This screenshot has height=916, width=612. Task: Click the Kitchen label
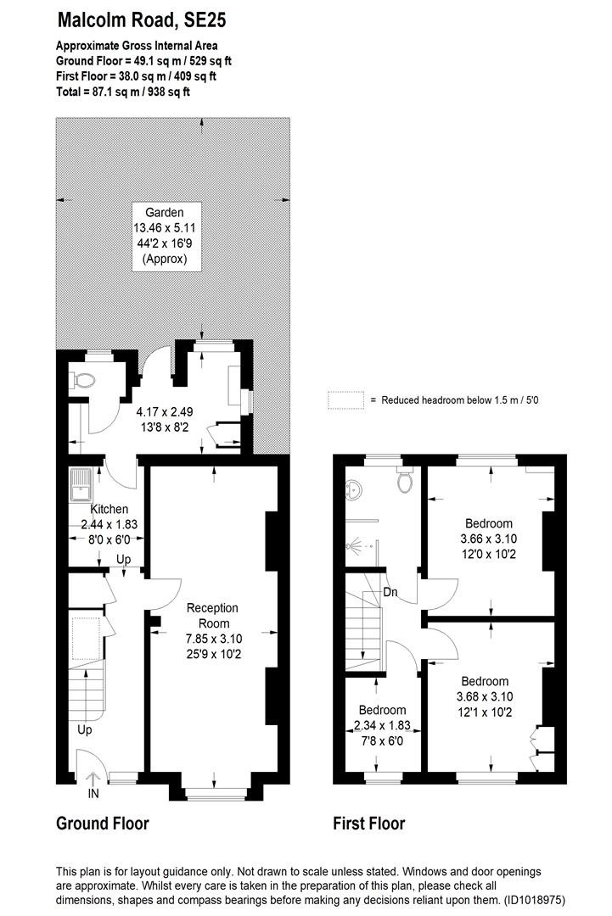[109, 510]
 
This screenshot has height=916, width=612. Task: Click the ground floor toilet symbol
[84, 381]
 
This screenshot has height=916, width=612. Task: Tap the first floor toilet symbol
[405, 480]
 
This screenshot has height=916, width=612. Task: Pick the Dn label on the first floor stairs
[392, 591]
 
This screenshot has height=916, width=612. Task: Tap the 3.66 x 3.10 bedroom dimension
[488, 539]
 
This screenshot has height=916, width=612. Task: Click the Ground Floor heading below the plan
[102, 823]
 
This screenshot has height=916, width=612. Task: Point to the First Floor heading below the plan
[368, 823]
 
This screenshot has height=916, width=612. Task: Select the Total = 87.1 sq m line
[123, 91]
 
